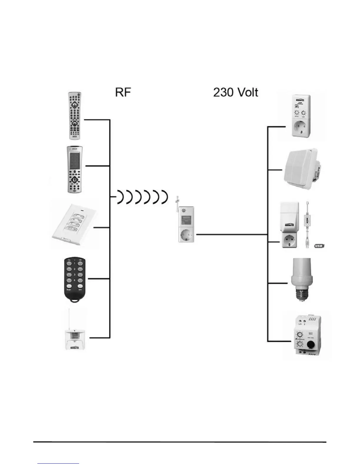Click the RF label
click(123, 92)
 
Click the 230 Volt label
click(236, 92)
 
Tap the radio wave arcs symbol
click(142, 197)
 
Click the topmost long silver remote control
click(75, 116)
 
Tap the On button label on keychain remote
click(69, 260)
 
